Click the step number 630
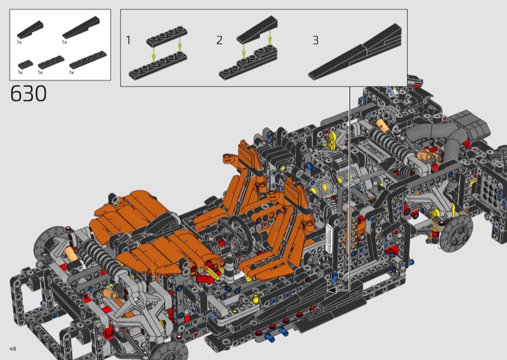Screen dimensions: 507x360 29,94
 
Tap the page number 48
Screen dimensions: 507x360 13,349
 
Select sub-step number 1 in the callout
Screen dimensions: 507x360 128,41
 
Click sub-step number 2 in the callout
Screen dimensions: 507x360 219,41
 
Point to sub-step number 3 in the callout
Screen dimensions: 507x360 316,41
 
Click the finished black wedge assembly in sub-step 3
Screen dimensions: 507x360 356,52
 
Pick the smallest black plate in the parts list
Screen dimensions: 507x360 25,65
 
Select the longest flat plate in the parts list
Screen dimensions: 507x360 88,60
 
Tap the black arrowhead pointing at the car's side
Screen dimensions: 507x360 332,290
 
